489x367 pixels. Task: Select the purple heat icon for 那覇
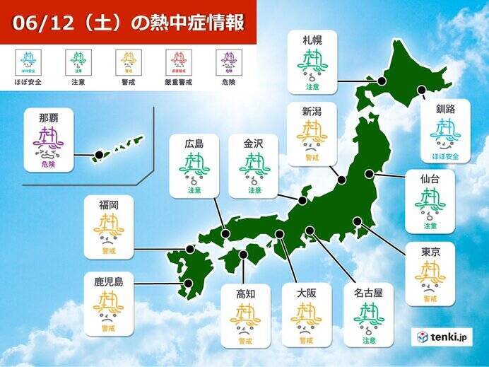[48, 141]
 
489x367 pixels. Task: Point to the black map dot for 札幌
[382, 81]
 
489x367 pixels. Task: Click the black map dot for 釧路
[422, 90]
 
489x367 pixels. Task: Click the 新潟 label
[311, 111]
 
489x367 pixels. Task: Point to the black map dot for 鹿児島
[189, 284]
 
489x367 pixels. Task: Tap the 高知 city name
[246, 291]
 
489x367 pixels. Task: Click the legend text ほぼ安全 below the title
[29, 82]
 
